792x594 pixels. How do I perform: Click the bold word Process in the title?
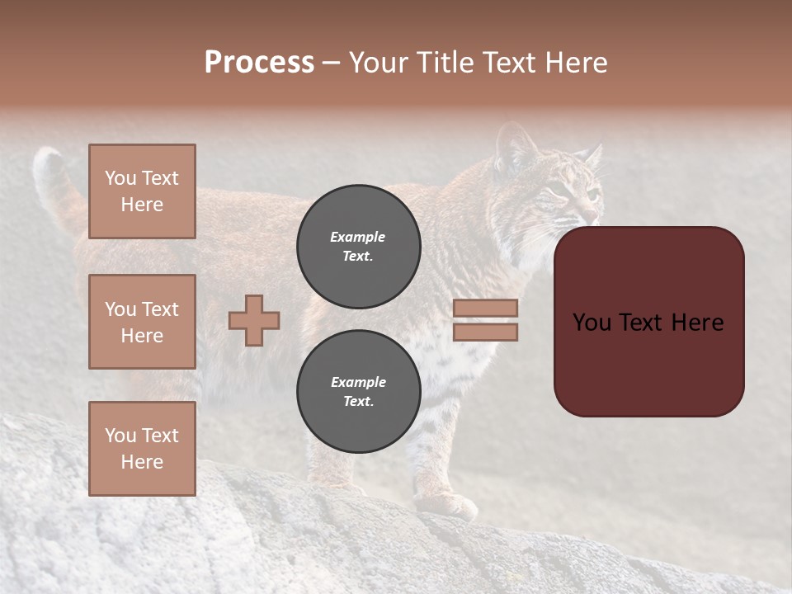click(259, 63)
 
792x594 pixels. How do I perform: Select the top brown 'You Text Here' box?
click(142, 191)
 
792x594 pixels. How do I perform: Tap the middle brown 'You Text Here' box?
click(142, 322)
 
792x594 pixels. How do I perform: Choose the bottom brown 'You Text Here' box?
click(142, 449)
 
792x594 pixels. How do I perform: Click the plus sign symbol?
click(254, 320)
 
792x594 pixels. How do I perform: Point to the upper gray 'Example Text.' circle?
click(358, 247)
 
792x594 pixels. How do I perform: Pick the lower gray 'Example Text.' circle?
click(358, 392)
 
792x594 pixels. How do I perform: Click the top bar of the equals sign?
click(485, 308)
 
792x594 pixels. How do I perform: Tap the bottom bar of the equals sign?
click(485, 332)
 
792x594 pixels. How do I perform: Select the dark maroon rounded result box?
click(648, 322)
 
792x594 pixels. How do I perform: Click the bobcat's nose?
click(596, 216)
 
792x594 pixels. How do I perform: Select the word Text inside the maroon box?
click(648, 323)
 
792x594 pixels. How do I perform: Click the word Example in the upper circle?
click(358, 237)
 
